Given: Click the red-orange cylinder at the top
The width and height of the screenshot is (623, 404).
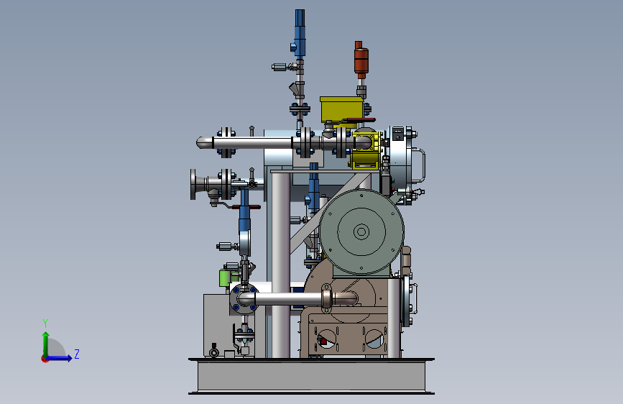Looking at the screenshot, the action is (x=361, y=60).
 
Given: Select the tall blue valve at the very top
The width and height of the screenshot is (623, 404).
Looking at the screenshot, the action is (x=300, y=32).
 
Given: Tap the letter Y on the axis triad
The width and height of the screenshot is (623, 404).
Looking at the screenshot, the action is (x=45, y=323).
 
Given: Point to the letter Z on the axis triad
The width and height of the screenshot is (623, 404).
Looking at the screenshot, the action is (x=77, y=354).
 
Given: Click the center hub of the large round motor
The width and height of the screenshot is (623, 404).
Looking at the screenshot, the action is (x=361, y=231).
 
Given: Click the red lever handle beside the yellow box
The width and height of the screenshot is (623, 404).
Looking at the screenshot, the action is (x=361, y=120).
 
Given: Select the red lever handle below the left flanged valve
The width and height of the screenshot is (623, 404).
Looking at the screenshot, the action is (x=246, y=207).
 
